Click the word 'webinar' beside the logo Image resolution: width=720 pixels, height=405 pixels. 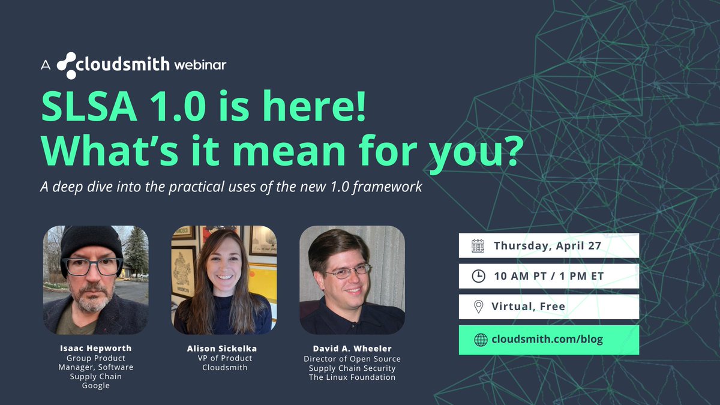[200, 65]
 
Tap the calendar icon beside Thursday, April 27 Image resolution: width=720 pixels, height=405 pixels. [478, 245]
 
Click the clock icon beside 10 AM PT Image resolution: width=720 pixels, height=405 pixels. [478, 276]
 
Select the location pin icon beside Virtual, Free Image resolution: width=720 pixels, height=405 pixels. [478, 307]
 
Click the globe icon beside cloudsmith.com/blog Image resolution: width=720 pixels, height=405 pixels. [480, 340]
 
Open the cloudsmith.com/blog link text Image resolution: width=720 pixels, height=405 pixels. [547, 340]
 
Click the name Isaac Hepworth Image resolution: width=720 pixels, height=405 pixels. [95, 347]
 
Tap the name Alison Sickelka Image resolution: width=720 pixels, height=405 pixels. [224, 349]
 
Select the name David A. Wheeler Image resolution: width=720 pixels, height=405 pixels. [352, 349]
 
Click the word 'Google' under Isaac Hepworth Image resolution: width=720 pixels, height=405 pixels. [95, 386]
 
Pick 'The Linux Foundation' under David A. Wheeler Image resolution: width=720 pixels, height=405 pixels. [352, 377]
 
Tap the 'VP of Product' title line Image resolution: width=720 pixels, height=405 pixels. [224, 358]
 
